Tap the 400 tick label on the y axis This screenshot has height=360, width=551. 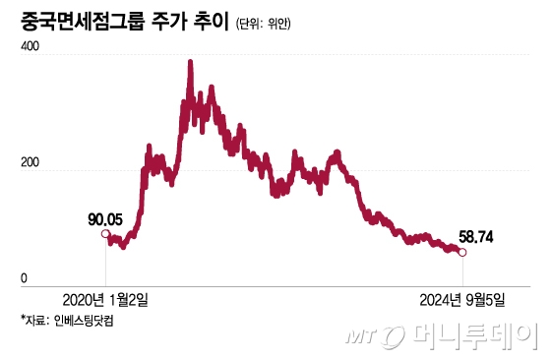(31, 47)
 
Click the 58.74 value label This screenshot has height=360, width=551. (478, 236)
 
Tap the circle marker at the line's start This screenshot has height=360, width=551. (105, 233)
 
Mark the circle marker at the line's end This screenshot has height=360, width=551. (462, 253)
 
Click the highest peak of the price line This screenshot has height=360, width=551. (190, 63)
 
